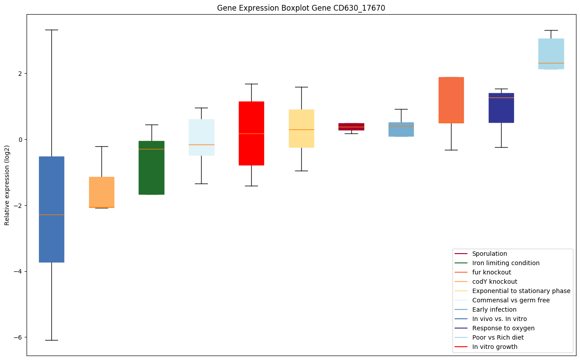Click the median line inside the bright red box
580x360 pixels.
tap(251, 133)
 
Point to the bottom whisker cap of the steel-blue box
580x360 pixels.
tap(51, 340)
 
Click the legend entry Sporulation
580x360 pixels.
tap(489, 254)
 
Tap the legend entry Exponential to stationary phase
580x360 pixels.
tap(521, 291)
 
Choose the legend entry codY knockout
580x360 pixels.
tap(494, 282)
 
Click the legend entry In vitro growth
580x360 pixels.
tap(494, 347)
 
